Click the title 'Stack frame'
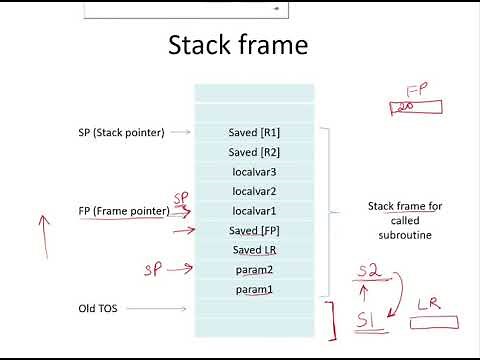coord(237,46)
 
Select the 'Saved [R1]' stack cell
coord(254,132)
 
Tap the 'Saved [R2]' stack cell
coord(254,152)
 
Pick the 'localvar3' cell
coord(254,171)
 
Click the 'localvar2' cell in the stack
coord(254,191)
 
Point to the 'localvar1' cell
coord(254,211)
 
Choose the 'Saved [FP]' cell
coord(254,231)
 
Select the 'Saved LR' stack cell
coord(254,250)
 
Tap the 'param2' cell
coord(254,270)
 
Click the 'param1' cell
coord(254,290)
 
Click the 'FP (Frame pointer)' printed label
coord(123,211)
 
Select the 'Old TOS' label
coord(98,308)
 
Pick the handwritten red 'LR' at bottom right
coord(427,305)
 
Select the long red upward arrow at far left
coord(42,232)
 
